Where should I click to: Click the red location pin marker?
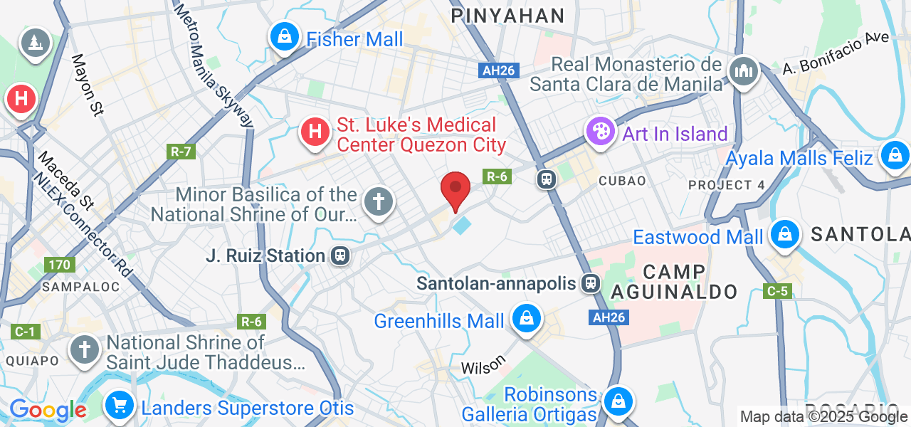point(455,190)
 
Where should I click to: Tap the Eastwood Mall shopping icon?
point(784,234)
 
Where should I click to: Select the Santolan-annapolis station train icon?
point(590,284)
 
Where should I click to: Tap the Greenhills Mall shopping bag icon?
point(526,320)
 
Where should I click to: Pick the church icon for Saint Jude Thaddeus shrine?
point(85,350)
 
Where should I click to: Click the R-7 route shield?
point(181,152)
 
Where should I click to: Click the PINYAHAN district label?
point(508,16)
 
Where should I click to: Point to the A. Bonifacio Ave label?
point(836,53)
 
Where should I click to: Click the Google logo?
point(48,410)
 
